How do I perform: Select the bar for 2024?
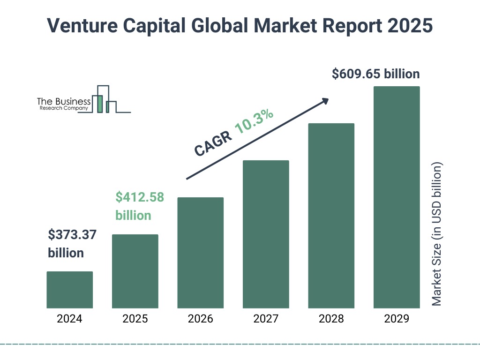pyautogui.click(x=69, y=290)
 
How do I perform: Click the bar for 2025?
pyautogui.click(x=135, y=271)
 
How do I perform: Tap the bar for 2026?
pyautogui.click(x=200, y=253)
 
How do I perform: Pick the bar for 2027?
pyautogui.click(x=266, y=234)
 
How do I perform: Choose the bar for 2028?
pyautogui.click(x=331, y=216)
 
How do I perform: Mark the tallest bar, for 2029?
pyautogui.click(x=397, y=197)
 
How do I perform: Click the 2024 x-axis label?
pyautogui.click(x=69, y=319)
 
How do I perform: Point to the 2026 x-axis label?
pyautogui.click(x=200, y=319)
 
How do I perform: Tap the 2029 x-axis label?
pyautogui.click(x=397, y=319)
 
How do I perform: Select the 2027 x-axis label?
pyautogui.click(x=266, y=319)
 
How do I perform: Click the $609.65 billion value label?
pyautogui.click(x=375, y=74)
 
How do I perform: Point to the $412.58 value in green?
pyautogui.click(x=140, y=197)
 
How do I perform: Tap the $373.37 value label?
pyautogui.click(x=72, y=234)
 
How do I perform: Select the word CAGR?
pyautogui.click(x=212, y=143)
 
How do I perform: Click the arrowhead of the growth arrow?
pyautogui.click(x=325, y=101)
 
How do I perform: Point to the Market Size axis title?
pyautogui.click(x=437, y=234)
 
